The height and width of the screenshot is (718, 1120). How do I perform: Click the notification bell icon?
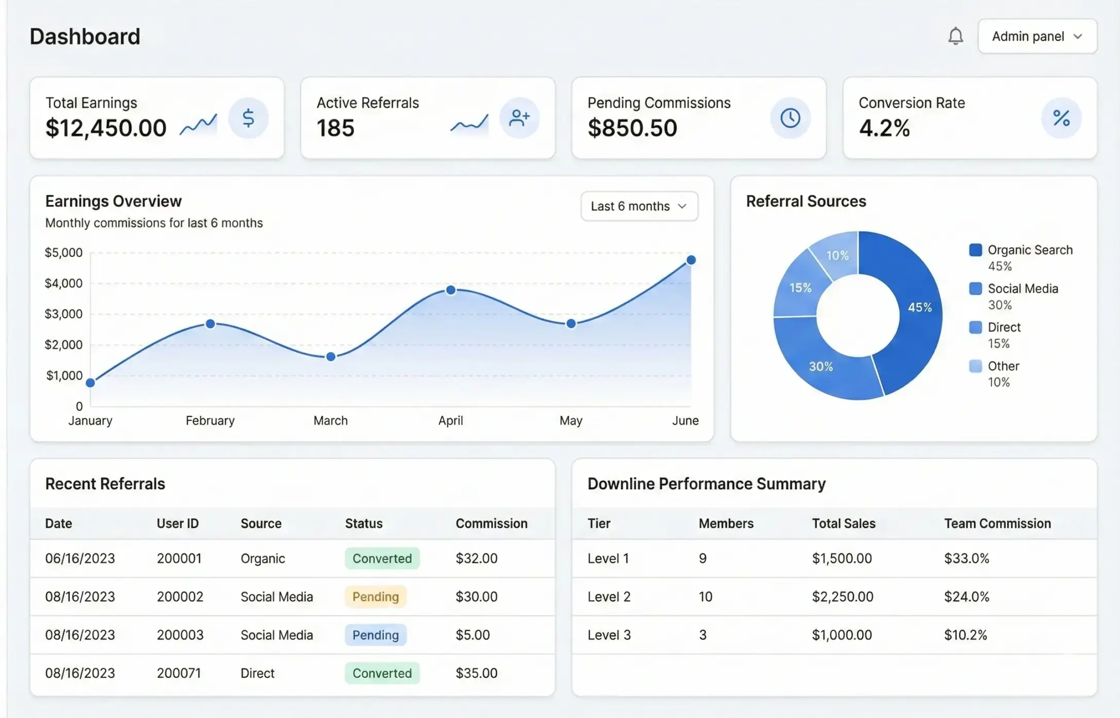pos(955,36)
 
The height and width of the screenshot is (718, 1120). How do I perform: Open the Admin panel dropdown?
pos(1037,37)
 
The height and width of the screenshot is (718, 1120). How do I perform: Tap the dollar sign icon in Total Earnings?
pos(248,118)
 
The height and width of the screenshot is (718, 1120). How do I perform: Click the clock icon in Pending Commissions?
pos(790,118)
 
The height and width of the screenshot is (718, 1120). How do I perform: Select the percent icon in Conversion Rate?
pos(1061,118)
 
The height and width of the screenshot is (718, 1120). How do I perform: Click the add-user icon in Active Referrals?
pos(519,118)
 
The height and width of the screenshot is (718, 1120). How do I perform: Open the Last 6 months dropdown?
pos(639,206)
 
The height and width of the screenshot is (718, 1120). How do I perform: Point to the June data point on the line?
pos(691,260)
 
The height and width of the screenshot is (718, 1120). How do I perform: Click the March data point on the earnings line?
pos(331,356)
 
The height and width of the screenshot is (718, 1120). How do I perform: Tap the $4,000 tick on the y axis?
pos(63,284)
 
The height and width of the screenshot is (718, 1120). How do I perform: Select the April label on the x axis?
pos(450,421)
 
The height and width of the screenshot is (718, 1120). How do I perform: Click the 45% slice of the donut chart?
pos(916,309)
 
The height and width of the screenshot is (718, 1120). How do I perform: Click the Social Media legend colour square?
pos(975,289)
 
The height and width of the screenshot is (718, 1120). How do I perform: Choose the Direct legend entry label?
pos(1004,327)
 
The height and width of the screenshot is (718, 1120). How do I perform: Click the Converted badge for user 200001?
pos(382,558)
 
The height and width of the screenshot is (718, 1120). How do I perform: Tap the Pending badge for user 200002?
pos(375,597)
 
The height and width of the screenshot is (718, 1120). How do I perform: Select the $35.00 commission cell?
pos(476,673)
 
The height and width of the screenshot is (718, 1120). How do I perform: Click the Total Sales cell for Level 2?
pos(842,597)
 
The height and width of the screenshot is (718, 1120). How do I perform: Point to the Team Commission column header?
pos(997,523)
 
